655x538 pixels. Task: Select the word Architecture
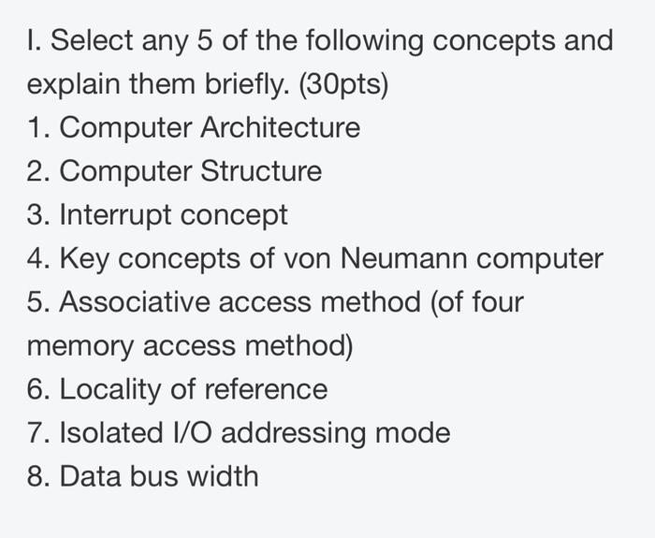point(281,128)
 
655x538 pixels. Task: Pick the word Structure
point(261,172)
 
